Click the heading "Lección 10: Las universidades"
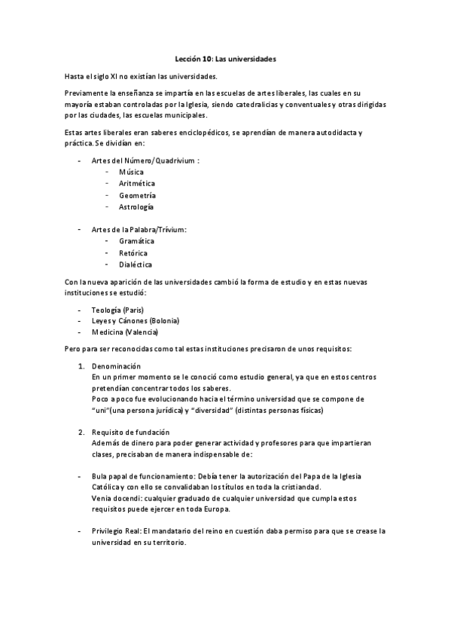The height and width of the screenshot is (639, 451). point(225,58)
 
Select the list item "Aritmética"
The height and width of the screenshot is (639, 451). point(136,183)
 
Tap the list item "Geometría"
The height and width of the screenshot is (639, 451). point(137,194)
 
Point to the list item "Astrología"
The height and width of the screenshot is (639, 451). point(136,206)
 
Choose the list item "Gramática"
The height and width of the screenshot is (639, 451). point(136,241)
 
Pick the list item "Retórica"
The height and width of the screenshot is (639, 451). point(133,253)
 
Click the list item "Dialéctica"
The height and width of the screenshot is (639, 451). point(136,264)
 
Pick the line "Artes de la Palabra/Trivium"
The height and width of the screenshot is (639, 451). point(139,229)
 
